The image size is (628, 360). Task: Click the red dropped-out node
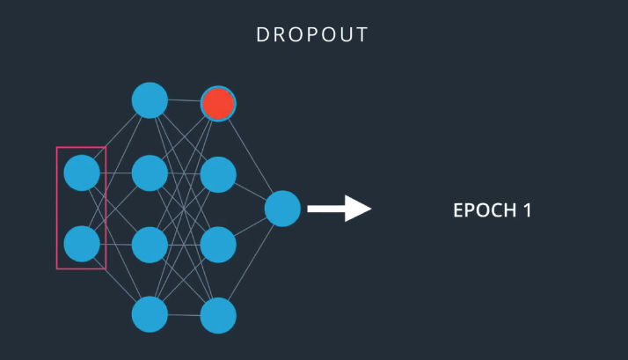[x=218, y=104]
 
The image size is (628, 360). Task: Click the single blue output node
[x=282, y=209]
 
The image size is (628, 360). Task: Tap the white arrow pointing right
[x=339, y=209]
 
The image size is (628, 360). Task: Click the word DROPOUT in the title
[x=312, y=35]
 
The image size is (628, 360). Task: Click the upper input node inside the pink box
[x=82, y=173]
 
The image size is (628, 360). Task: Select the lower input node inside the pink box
[x=82, y=244]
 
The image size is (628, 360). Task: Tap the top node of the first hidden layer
[x=150, y=100]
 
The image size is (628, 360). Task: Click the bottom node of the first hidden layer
[x=150, y=314]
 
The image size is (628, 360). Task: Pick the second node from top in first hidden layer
[x=150, y=173]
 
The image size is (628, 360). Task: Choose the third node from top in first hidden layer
[x=150, y=245]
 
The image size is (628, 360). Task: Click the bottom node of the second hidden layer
[x=218, y=315]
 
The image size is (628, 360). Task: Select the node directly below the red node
[x=218, y=174]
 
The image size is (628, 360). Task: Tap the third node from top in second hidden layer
[x=218, y=245]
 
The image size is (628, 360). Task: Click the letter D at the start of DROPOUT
[x=262, y=35]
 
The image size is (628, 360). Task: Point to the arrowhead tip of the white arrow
[x=370, y=209]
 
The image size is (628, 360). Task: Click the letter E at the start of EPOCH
[x=457, y=211]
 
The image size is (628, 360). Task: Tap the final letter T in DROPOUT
[x=362, y=35]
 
